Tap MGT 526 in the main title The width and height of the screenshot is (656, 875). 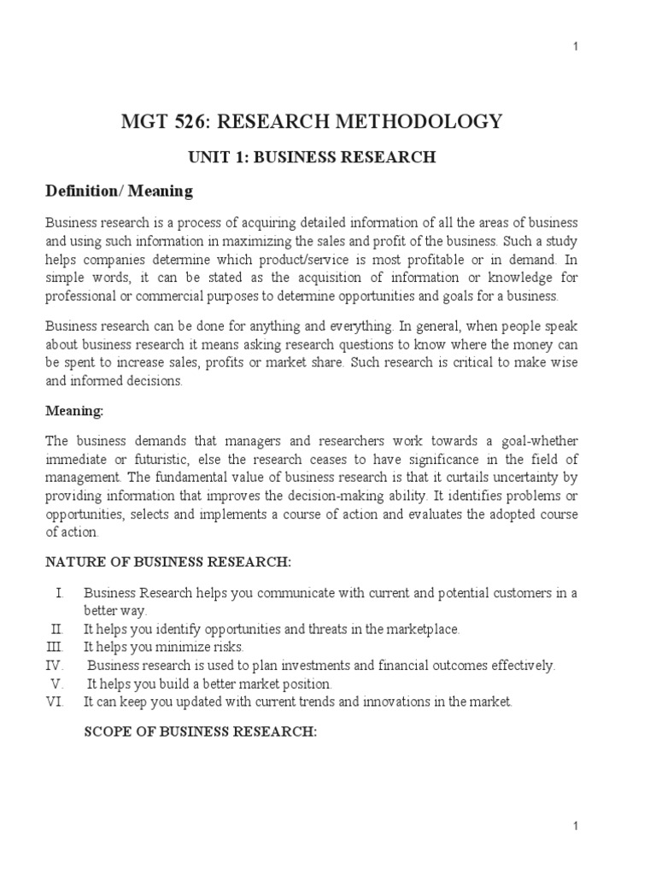click(x=167, y=122)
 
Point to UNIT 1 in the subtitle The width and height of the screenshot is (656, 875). click(x=215, y=156)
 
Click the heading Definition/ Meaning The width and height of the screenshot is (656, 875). click(x=119, y=191)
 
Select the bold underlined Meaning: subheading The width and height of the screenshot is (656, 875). click(x=74, y=411)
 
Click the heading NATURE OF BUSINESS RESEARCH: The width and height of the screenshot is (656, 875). click(x=168, y=561)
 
